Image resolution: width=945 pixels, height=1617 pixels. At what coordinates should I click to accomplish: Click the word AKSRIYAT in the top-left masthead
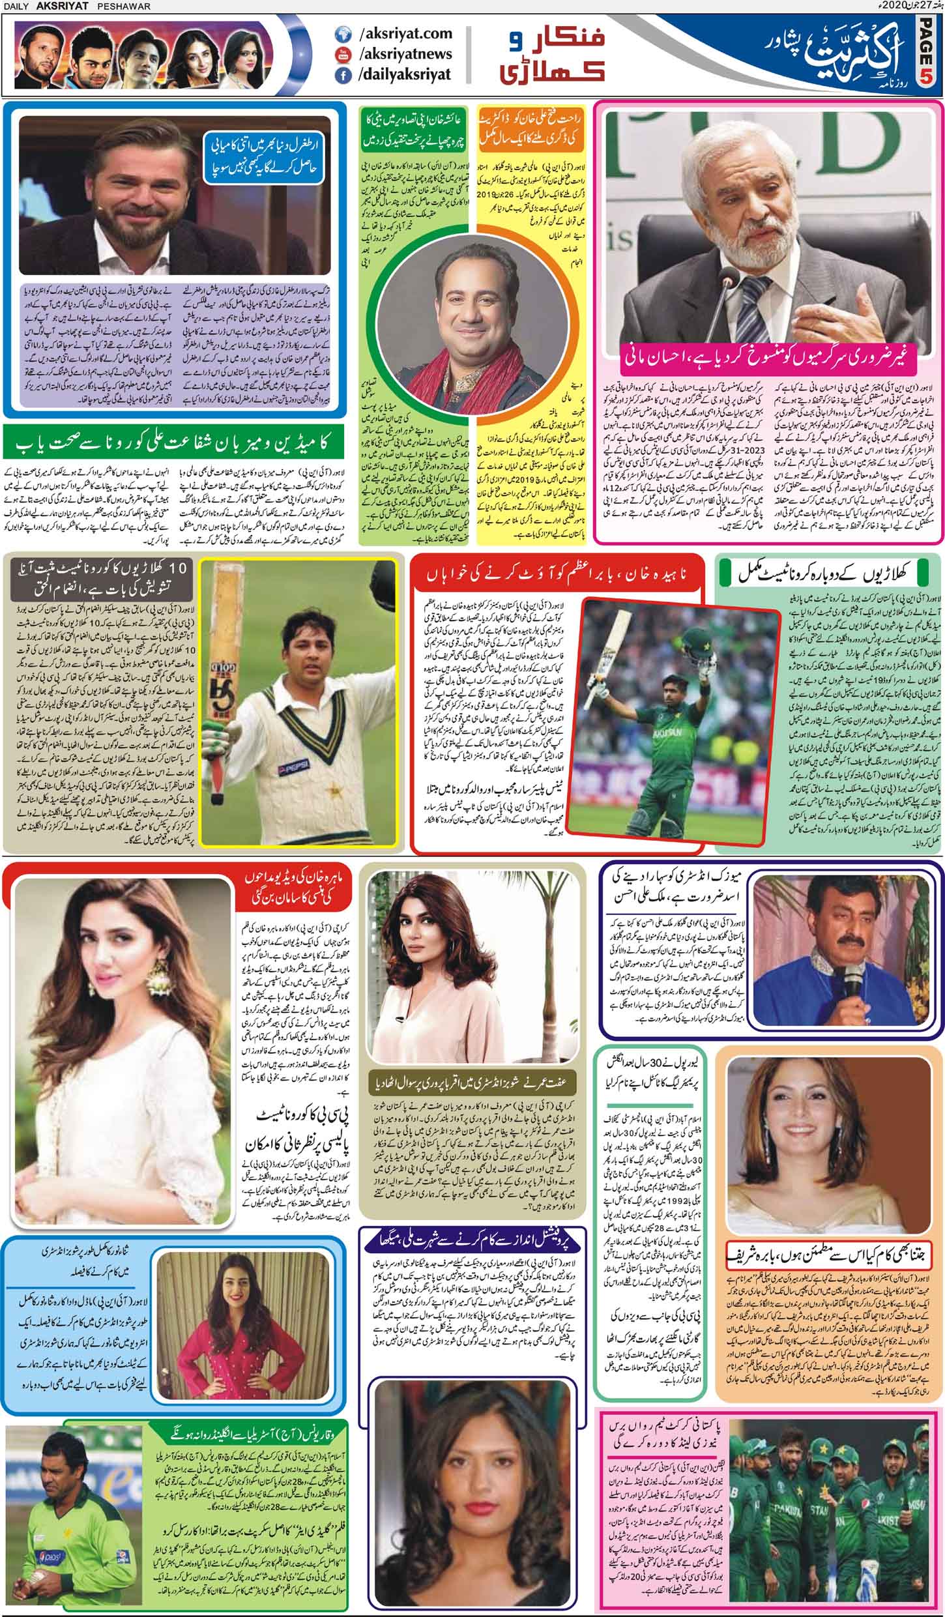59,7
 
